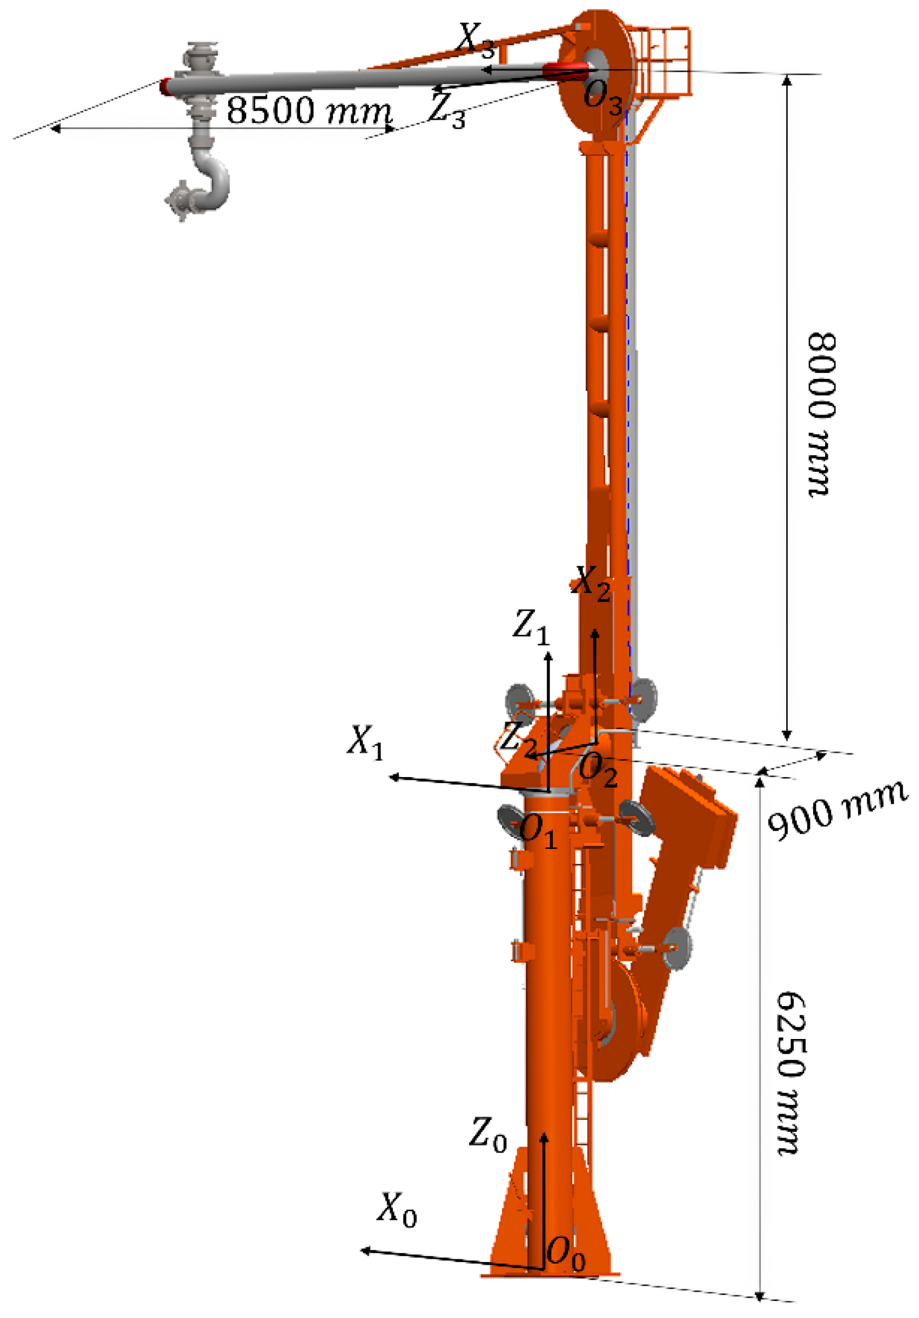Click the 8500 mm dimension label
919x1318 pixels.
[x=309, y=110]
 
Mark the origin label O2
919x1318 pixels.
[x=597, y=771]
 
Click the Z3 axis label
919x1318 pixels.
[x=447, y=109]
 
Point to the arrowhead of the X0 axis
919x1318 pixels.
[x=364, y=1250]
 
